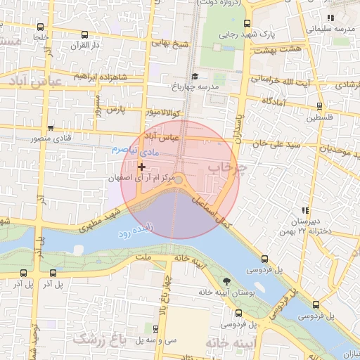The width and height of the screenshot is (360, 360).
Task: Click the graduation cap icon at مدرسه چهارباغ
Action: coord(195,76)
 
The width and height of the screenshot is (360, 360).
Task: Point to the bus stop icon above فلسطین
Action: coord(319,106)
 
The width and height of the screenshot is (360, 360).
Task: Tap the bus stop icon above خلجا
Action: coord(84,34)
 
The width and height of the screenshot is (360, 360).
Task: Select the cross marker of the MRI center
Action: coord(142,167)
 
